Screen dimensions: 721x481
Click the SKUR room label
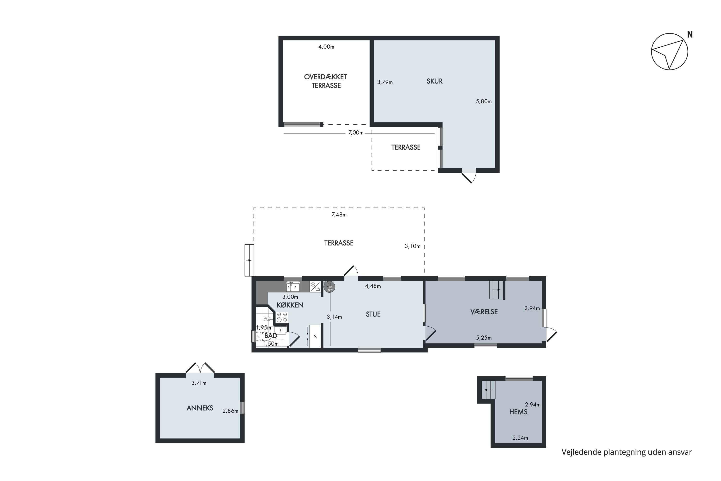(x=434, y=81)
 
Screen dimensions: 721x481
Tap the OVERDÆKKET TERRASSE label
(x=326, y=81)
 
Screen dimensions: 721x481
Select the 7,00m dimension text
(x=356, y=133)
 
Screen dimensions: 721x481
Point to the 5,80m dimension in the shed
(x=483, y=101)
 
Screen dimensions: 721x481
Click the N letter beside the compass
(x=690, y=35)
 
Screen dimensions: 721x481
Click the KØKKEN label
(x=290, y=305)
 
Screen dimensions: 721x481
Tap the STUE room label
(x=373, y=314)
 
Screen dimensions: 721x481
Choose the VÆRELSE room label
(x=484, y=312)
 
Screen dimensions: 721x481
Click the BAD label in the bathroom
(x=271, y=335)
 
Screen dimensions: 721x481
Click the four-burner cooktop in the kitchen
(x=282, y=317)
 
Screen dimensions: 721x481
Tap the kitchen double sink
(x=293, y=286)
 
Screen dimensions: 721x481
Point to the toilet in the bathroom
(x=260, y=336)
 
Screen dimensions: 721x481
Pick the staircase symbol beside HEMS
(x=488, y=390)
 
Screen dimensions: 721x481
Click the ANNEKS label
(x=200, y=408)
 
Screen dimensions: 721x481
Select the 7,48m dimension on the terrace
(x=339, y=215)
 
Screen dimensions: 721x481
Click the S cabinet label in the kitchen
(x=315, y=336)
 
